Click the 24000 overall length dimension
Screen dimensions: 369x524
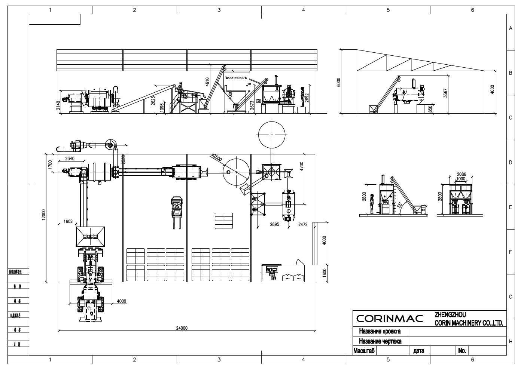tap(182, 328)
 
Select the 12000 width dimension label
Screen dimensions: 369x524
tap(43, 215)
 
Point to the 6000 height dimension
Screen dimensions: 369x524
tap(339, 82)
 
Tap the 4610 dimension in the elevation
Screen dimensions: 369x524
tap(207, 82)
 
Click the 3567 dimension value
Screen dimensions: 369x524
tap(445, 93)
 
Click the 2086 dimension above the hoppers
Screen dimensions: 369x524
tap(461, 174)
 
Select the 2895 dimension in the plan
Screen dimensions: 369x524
tap(274, 225)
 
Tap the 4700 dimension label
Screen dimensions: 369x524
tap(302, 166)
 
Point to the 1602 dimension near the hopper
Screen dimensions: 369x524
tap(68, 222)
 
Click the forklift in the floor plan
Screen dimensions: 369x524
tap(176, 210)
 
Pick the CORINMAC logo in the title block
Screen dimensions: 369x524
tap(389, 319)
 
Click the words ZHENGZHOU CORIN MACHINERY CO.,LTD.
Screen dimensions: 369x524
tap(468, 319)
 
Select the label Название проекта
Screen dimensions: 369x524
tap(380, 331)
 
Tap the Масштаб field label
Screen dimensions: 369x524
tap(364, 351)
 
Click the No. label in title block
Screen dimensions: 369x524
tap(462, 351)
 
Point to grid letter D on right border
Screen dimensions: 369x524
tap(511, 163)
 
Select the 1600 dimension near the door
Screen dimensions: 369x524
tap(325, 273)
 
